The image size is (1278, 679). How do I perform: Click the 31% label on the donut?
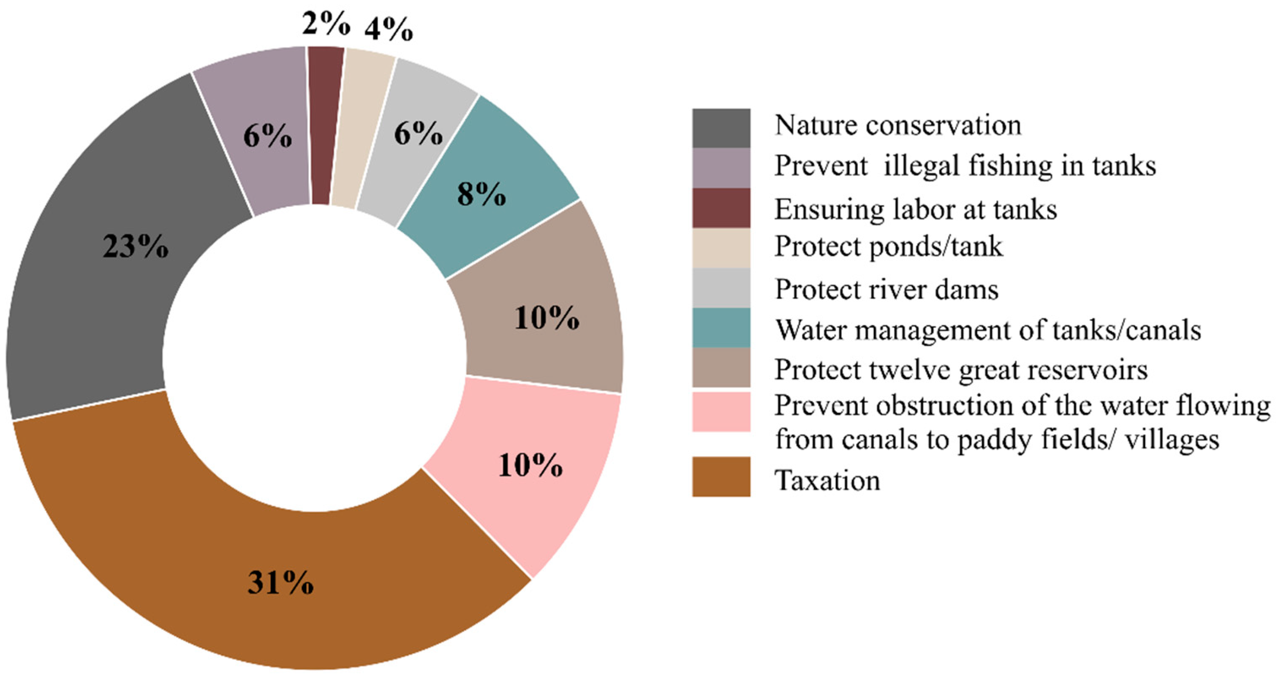pyautogui.click(x=280, y=582)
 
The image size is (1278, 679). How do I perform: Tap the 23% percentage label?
pyautogui.click(x=136, y=246)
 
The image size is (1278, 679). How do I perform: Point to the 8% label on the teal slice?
pyautogui.click(x=481, y=194)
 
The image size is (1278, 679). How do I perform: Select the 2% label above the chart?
pyautogui.click(x=326, y=23)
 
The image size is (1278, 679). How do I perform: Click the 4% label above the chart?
pyautogui.click(x=389, y=29)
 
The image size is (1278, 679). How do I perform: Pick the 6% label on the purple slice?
pyautogui.click(x=267, y=136)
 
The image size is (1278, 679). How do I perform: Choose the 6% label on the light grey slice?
pyautogui.click(x=418, y=133)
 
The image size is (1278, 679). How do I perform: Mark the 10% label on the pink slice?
pyautogui.click(x=530, y=465)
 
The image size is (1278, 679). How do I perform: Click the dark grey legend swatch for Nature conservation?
pyautogui.click(x=721, y=128)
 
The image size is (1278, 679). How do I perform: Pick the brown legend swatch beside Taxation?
pyautogui.click(x=721, y=477)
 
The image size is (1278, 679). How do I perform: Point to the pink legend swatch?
pyautogui.click(x=721, y=412)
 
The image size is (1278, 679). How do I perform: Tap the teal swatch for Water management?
pyautogui.click(x=721, y=328)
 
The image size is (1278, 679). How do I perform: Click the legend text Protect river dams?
pyautogui.click(x=886, y=289)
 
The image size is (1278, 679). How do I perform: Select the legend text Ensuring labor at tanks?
pyautogui.click(x=916, y=209)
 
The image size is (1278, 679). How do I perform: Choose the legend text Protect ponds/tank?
pyautogui.click(x=889, y=247)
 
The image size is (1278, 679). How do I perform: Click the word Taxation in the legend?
pyautogui.click(x=827, y=480)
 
